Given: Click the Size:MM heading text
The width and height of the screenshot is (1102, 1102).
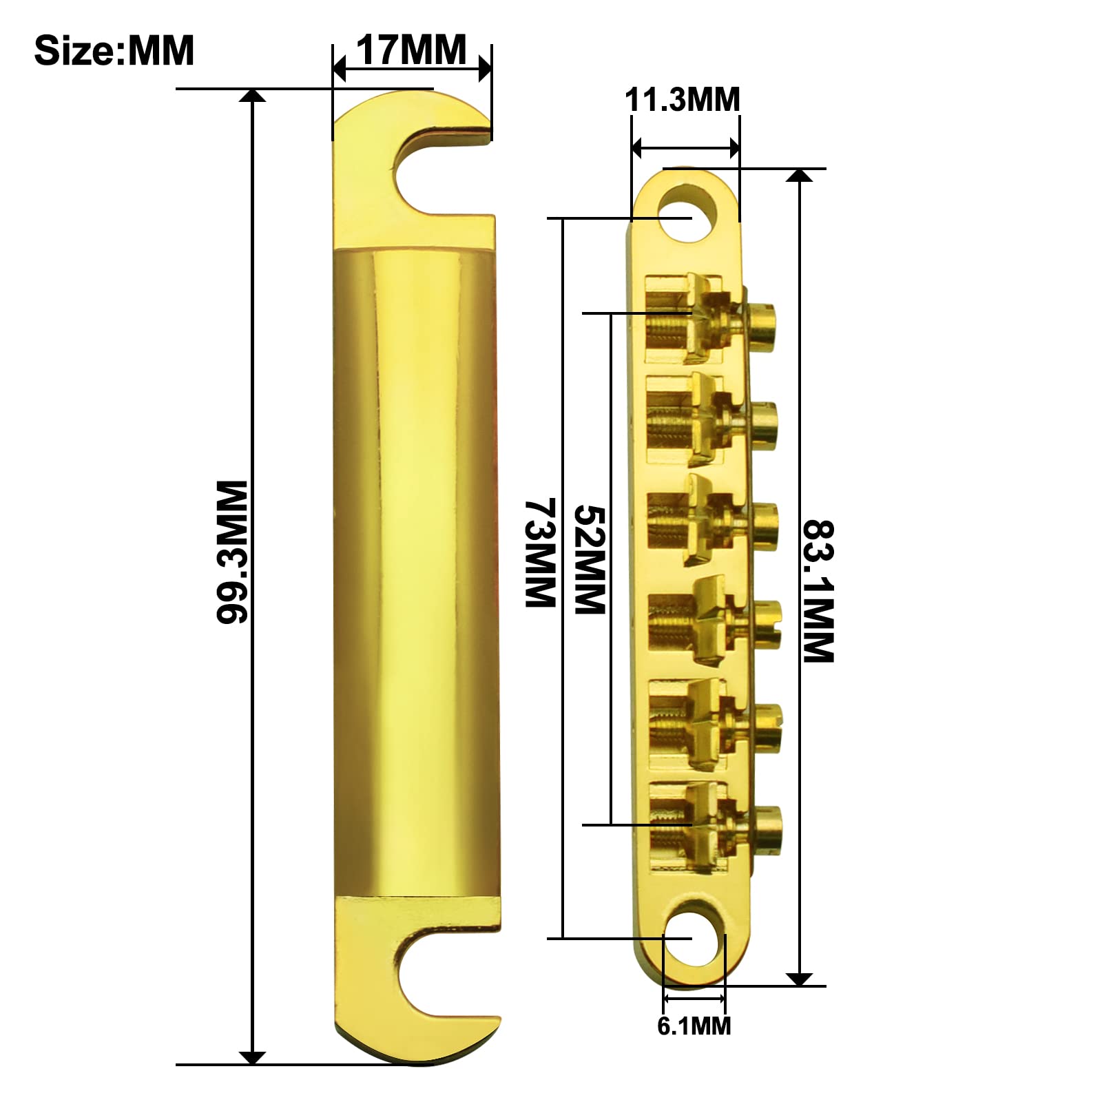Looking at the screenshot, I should tap(114, 50).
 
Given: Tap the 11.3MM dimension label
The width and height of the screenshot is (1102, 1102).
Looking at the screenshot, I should tap(682, 100).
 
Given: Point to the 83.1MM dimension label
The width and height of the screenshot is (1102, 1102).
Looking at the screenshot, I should tap(819, 591).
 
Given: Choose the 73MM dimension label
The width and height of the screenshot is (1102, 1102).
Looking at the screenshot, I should tap(541, 553).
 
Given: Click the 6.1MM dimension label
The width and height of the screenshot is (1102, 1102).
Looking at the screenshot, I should tap(694, 1026).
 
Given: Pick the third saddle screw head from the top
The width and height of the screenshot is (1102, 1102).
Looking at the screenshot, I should tap(765, 525).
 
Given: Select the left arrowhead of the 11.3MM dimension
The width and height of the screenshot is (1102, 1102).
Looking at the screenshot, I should tap(638, 147).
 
